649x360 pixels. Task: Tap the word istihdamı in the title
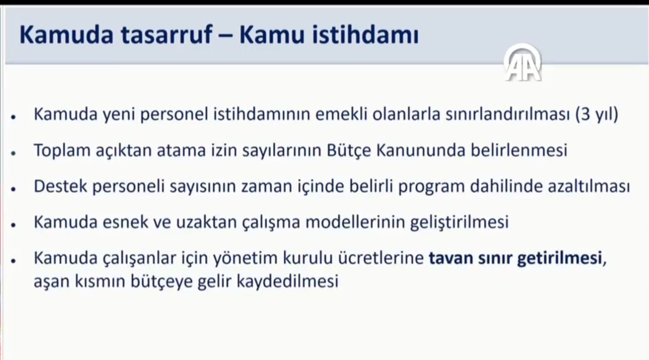click(365, 35)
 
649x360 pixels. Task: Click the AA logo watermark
click(523, 63)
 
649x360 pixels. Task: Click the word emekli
click(341, 114)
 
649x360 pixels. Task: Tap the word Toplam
click(62, 151)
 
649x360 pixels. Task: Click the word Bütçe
click(349, 151)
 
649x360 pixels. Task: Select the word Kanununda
click(421, 150)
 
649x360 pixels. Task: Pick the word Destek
click(61, 186)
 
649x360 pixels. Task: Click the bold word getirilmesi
click(559, 258)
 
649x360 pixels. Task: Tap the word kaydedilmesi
click(288, 281)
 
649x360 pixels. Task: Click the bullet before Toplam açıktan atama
click(13, 153)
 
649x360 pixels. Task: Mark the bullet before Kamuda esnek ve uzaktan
click(13, 225)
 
